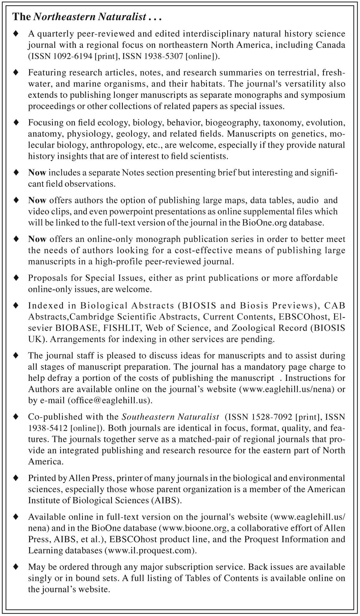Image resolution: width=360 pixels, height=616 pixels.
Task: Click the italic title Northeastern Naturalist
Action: pos(89,17)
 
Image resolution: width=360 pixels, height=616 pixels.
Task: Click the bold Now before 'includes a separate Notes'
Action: pos(37,173)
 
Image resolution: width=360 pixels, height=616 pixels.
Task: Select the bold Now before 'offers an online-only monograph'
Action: pos(37,239)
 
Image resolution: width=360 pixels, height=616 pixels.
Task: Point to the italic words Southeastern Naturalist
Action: pos(170,417)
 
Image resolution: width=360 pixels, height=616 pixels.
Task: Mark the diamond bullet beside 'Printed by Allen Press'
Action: pos(16,478)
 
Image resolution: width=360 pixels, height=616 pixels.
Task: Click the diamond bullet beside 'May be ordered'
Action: pos(16,567)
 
